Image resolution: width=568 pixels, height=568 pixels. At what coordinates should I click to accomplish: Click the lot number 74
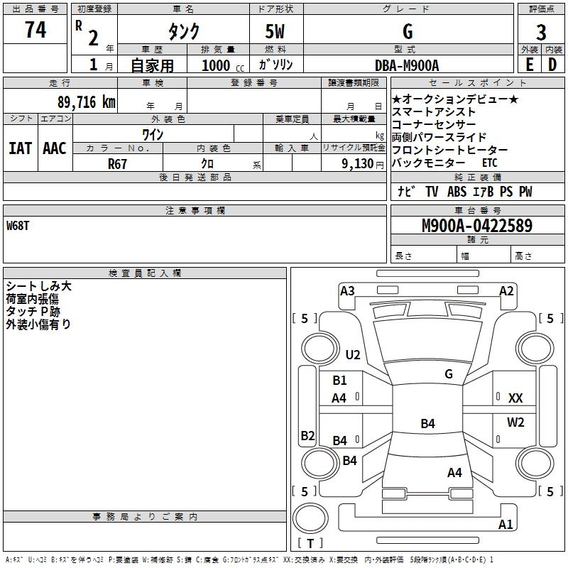35,30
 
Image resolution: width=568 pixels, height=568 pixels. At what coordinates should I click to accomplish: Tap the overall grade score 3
541,33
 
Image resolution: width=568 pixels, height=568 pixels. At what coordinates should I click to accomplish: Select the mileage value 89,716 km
87,102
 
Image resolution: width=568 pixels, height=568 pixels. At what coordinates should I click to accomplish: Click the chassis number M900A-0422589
477,226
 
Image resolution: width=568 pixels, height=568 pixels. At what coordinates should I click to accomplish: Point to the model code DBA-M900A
407,65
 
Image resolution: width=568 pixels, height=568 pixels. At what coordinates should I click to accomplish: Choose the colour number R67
117,164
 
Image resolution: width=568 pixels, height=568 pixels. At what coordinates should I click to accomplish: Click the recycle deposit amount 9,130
358,164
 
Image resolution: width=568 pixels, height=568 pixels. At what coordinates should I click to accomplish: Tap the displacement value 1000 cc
223,65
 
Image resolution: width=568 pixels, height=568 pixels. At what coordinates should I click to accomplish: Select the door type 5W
275,31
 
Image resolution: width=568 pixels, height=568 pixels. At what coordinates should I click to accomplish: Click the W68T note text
18,226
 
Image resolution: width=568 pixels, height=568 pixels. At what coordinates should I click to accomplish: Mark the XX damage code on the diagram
515,398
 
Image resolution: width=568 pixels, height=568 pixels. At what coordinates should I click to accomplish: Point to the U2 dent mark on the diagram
353,354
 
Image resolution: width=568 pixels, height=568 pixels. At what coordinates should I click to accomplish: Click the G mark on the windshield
449,374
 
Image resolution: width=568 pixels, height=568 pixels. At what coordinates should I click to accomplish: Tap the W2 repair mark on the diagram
515,422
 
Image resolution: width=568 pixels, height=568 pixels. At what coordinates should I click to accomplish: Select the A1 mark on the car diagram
506,524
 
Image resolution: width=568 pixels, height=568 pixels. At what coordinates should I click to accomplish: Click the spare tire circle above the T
310,518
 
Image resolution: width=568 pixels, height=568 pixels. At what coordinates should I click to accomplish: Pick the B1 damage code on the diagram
339,381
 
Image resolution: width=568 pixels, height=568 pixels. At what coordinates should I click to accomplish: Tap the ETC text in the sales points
490,163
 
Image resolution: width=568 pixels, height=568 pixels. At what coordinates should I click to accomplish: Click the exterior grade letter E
529,65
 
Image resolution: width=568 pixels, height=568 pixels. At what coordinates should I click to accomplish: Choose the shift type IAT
21,148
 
